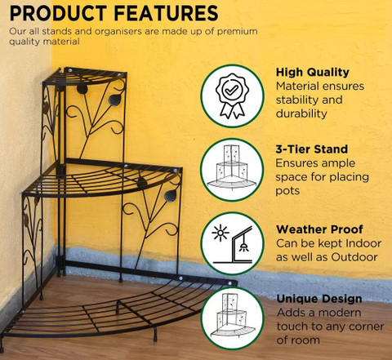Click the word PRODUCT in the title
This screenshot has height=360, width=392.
click(x=58, y=13)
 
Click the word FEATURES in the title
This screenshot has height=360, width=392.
click(x=166, y=13)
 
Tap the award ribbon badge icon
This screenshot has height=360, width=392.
click(x=232, y=96)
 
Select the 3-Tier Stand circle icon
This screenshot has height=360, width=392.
click(x=232, y=170)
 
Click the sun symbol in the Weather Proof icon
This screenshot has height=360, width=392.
click(x=220, y=233)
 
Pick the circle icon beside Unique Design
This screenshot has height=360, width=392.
click(x=232, y=318)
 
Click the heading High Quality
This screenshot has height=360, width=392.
click(x=313, y=73)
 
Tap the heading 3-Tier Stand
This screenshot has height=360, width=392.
click(x=312, y=149)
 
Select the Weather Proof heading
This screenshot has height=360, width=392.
click(x=319, y=229)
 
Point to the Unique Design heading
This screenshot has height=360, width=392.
click(x=319, y=299)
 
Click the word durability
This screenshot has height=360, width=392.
click(x=301, y=113)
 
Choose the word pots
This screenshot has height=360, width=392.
click(x=287, y=191)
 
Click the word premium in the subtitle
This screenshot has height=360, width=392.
click(x=237, y=32)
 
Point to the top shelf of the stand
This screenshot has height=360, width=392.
click(x=85, y=76)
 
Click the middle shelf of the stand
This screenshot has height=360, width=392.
click(x=102, y=178)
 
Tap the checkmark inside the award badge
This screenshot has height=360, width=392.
click(x=232, y=89)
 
